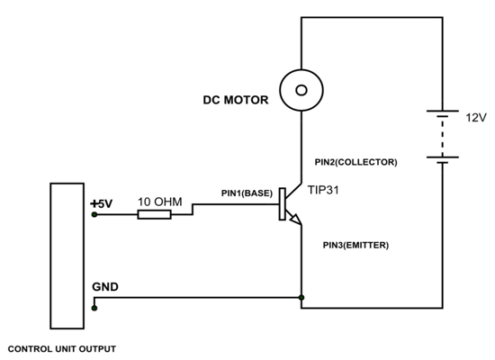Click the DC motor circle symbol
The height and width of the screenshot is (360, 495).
click(301, 90)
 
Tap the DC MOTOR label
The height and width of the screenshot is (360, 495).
click(235, 100)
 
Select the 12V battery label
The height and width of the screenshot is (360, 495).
click(475, 117)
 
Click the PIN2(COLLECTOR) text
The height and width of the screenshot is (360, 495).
click(355, 162)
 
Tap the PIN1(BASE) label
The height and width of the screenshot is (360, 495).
click(247, 193)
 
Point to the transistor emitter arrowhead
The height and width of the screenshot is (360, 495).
click(293, 220)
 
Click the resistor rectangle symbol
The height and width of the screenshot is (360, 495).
click(154, 217)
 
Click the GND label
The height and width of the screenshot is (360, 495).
click(103, 287)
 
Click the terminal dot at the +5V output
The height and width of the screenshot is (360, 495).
click(94, 217)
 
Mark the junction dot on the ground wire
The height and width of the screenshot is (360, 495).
click(301, 296)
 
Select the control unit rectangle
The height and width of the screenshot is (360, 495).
click(66, 256)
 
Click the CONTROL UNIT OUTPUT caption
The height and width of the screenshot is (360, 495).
click(61, 347)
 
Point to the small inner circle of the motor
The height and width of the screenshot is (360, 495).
click(301, 90)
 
